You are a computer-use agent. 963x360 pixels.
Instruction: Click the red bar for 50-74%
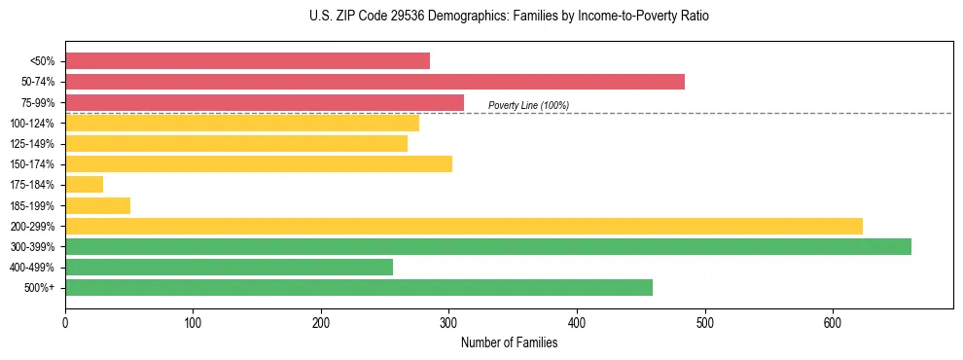tap(374, 82)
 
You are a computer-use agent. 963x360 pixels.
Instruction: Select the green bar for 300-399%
tap(488, 247)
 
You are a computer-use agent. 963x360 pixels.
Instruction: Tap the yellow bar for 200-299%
tap(464, 227)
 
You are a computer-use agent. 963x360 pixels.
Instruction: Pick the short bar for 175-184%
tap(84, 185)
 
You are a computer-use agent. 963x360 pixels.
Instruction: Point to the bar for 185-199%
tap(97, 205)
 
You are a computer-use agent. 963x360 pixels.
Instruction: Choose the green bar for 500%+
tap(359, 288)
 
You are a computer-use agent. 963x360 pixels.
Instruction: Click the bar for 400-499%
tap(229, 268)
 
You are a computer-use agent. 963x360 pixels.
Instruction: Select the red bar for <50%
tap(247, 61)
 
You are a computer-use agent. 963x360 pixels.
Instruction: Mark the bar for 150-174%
tap(259, 164)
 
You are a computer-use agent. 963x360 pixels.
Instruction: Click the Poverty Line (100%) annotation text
tap(528, 105)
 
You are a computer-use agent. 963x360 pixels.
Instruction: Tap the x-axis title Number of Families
tap(509, 342)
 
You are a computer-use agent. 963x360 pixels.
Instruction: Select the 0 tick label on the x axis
tap(65, 322)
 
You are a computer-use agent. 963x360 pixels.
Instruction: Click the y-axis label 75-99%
tap(37, 103)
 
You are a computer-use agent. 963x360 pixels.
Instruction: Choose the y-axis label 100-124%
tap(33, 124)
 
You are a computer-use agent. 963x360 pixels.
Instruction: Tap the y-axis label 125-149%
tap(33, 144)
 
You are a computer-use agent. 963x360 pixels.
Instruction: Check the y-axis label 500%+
tap(41, 288)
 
